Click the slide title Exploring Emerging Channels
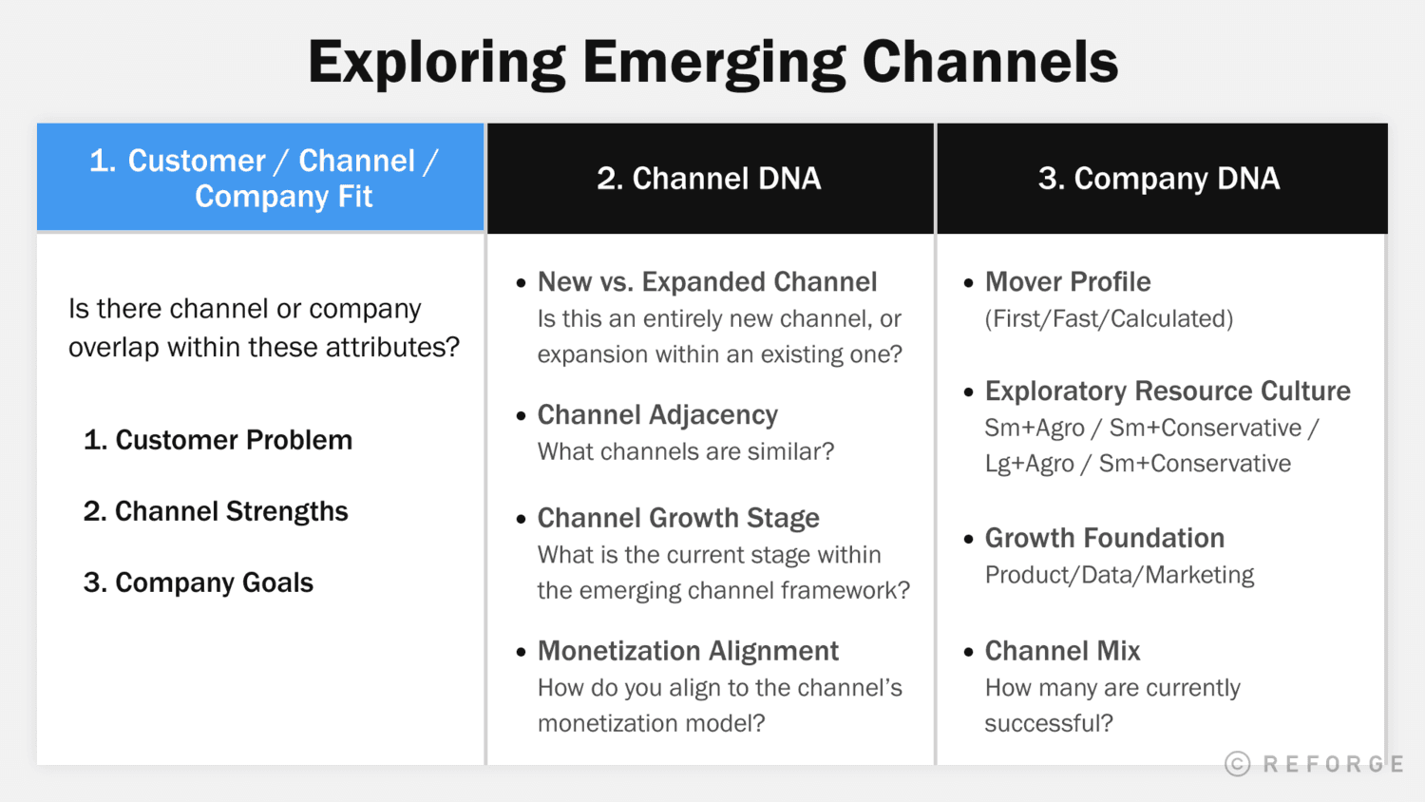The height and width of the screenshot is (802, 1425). tap(712, 62)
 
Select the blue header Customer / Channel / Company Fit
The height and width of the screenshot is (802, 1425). tap(262, 178)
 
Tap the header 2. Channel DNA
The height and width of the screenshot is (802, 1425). tap(709, 179)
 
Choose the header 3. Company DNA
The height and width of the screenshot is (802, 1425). tap(1159, 179)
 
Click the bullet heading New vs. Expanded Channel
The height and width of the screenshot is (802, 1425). tap(707, 282)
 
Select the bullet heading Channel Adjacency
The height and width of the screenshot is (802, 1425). tap(657, 415)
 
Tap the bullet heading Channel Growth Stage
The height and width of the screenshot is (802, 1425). tap(678, 518)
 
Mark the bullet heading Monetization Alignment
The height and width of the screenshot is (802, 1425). tap(688, 651)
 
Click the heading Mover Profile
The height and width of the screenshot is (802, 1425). tap(1068, 282)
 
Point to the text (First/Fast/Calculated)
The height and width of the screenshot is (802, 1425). tap(1109, 319)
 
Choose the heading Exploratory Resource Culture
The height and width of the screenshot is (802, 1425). tap(1168, 391)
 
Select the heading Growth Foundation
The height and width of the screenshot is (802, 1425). tap(1105, 539)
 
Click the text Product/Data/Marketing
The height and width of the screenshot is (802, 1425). tap(1119, 575)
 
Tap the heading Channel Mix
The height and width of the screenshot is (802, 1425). tap(1062, 651)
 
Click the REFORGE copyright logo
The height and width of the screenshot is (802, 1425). tap(1315, 764)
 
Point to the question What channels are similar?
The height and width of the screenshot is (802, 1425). tap(686, 451)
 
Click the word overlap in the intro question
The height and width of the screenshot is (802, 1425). tap(114, 348)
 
